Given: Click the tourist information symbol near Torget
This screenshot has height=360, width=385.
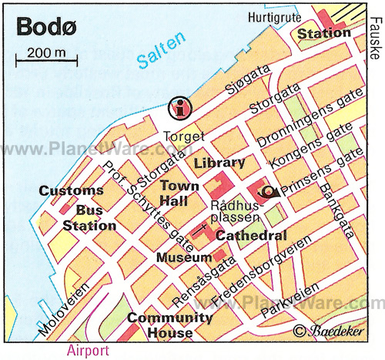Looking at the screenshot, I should pyautogui.click(x=182, y=107).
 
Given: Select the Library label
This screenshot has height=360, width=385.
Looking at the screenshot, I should pyautogui.click(x=219, y=163).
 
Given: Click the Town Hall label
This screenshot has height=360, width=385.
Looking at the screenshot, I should pyautogui.click(x=179, y=193).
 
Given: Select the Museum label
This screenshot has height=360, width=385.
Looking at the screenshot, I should pyautogui.click(x=183, y=257).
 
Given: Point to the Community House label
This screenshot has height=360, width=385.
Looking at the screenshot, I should pyautogui.click(x=169, y=325).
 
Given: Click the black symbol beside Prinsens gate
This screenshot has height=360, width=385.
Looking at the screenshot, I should pyautogui.click(x=267, y=191).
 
